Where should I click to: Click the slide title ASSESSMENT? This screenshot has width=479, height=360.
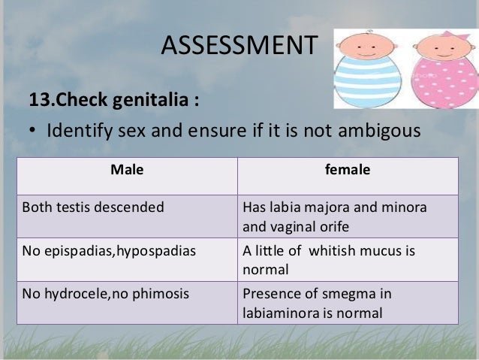239,46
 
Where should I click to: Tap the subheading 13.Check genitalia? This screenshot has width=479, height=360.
113,99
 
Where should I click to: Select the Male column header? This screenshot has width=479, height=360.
126,170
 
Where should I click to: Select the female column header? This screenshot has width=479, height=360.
347,170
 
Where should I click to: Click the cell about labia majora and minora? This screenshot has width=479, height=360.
334,216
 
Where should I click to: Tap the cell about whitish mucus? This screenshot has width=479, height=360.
329,259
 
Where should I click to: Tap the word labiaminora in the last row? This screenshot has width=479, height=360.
277,313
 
